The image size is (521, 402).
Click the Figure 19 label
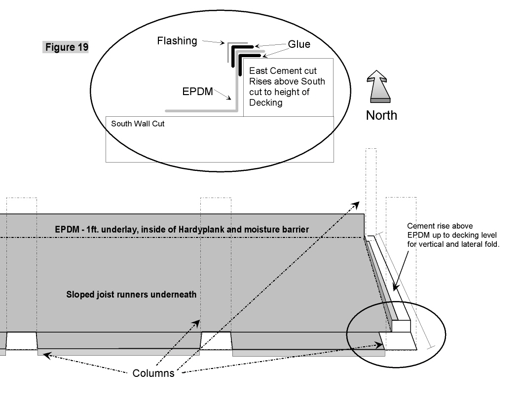tap(67, 47)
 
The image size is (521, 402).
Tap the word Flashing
tap(177, 41)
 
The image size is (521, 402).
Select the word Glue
tap(299, 44)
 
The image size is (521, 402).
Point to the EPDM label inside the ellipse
tap(197, 92)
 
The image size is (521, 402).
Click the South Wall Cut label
tap(138, 124)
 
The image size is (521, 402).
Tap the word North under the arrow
tap(381, 115)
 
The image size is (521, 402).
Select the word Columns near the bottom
tap(153, 373)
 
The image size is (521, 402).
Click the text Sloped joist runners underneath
tap(131, 295)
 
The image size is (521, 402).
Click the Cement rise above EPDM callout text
tap(453, 235)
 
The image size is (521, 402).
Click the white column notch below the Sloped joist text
tap(216, 340)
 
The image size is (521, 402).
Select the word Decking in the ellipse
tap(265, 102)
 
